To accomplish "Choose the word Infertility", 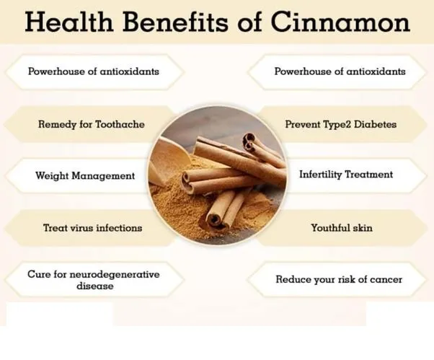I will pos(320,175).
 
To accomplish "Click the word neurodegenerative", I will pos(112,274).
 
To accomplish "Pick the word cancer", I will pos(386,279).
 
